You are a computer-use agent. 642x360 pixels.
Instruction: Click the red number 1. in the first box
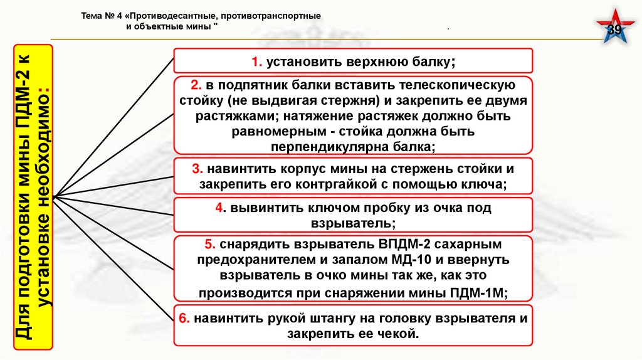(x=256, y=61)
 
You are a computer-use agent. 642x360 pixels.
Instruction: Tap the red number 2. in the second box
(x=196, y=85)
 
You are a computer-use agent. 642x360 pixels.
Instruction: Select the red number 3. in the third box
(x=197, y=169)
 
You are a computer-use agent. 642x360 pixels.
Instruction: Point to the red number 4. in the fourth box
(x=219, y=208)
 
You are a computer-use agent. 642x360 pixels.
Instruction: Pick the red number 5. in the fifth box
(x=210, y=244)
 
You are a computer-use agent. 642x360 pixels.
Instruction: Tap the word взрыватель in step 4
(x=354, y=223)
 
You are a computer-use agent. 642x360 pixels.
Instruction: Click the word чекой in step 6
(x=401, y=334)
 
